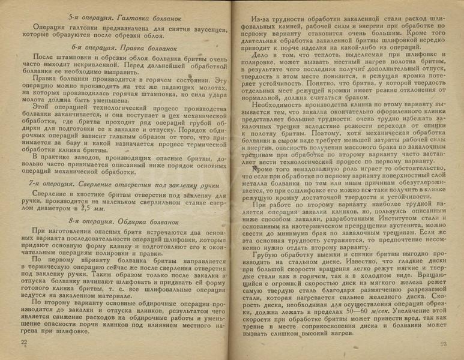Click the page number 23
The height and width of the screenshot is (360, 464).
pos(444,343)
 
